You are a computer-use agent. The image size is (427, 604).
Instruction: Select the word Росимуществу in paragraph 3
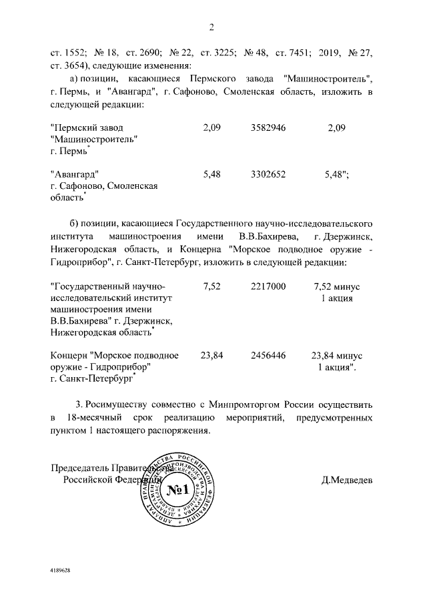pos(118,404)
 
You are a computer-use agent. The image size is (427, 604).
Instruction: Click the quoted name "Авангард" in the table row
pos(75,174)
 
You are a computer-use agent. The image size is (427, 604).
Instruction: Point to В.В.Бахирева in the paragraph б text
pos(266,237)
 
